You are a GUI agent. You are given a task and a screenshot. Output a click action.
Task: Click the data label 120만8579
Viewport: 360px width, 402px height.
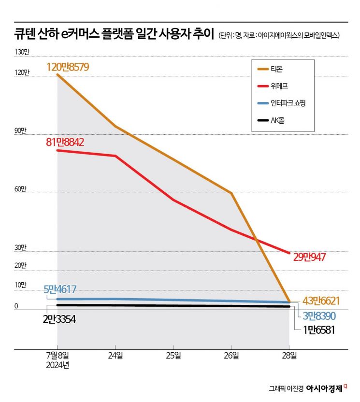pos(68,67)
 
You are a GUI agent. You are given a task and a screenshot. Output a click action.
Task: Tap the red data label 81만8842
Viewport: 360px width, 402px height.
pos(65,142)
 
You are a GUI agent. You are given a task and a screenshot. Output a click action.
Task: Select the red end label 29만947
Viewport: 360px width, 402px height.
pos(309,257)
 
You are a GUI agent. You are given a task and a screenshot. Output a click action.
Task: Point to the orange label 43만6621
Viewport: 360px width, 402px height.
pos(321,301)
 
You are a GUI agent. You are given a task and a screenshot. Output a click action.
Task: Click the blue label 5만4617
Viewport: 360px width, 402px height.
pos(63,289)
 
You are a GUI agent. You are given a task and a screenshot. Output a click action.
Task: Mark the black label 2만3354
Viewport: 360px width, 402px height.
pos(59,319)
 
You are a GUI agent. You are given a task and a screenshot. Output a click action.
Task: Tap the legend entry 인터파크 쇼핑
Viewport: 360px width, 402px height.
pos(289,102)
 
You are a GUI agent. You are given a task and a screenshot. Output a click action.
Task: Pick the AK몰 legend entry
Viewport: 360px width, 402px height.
pos(279,119)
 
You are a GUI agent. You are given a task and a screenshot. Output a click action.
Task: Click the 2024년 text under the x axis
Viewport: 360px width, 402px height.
pos(57,365)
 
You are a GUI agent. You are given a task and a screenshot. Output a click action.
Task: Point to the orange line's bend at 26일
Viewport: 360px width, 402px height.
pos(231,193)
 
